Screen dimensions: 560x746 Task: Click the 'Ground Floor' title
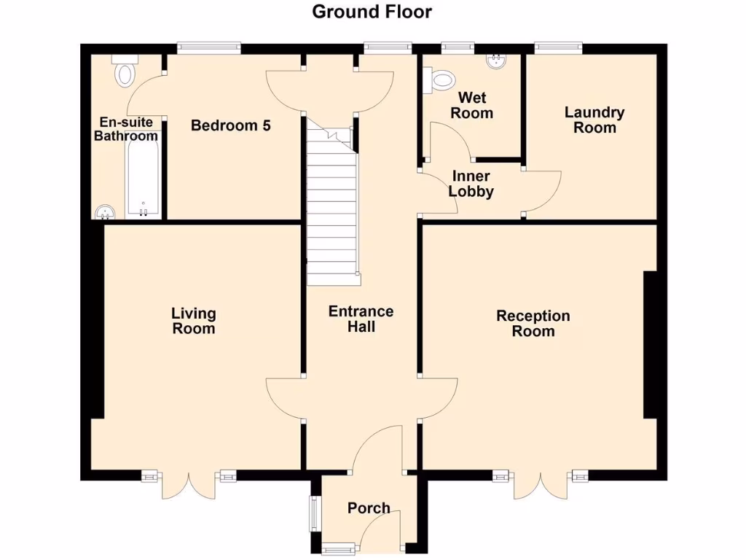[x=372, y=12]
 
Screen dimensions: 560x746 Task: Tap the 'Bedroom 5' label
[x=230, y=125]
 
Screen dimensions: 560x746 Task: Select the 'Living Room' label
[x=193, y=321]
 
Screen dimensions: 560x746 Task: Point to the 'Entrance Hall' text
[x=361, y=319]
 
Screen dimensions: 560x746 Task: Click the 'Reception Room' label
[x=533, y=323]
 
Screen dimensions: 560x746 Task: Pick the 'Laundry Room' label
[x=594, y=120]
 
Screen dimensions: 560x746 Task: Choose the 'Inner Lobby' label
[x=471, y=184]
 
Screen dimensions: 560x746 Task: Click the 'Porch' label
[x=368, y=508]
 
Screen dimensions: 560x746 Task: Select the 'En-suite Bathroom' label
[x=126, y=129]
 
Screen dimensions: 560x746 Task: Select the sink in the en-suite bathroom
[x=106, y=211]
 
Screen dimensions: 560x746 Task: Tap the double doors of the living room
[x=189, y=484]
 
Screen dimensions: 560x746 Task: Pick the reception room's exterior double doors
[x=540, y=484]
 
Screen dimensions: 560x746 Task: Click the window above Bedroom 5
[x=208, y=48]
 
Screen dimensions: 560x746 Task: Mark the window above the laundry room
[x=559, y=48]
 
